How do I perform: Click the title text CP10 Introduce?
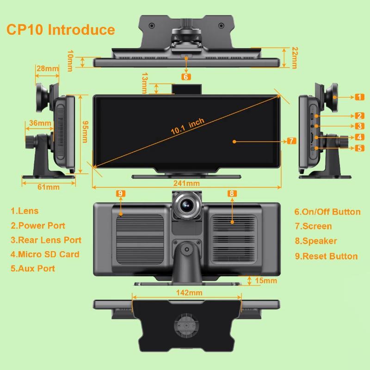(61, 30)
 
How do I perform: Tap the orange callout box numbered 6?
(186, 76)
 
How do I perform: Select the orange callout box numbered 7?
(292, 141)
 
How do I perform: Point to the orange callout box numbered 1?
(359, 97)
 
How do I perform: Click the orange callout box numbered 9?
(121, 193)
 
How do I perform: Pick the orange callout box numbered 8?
(232, 193)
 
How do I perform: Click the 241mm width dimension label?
(186, 183)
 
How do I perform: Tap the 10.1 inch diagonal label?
(187, 126)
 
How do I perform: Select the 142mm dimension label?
(189, 293)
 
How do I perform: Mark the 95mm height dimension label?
(85, 132)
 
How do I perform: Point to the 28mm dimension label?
(48, 68)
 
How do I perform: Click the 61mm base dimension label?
(49, 187)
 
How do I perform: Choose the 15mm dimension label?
(265, 281)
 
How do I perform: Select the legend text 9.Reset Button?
(326, 256)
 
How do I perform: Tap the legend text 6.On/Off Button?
(327, 212)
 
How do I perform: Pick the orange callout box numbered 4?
(359, 137)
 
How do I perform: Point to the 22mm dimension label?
(295, 57)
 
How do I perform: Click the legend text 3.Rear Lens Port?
(46, 240)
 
